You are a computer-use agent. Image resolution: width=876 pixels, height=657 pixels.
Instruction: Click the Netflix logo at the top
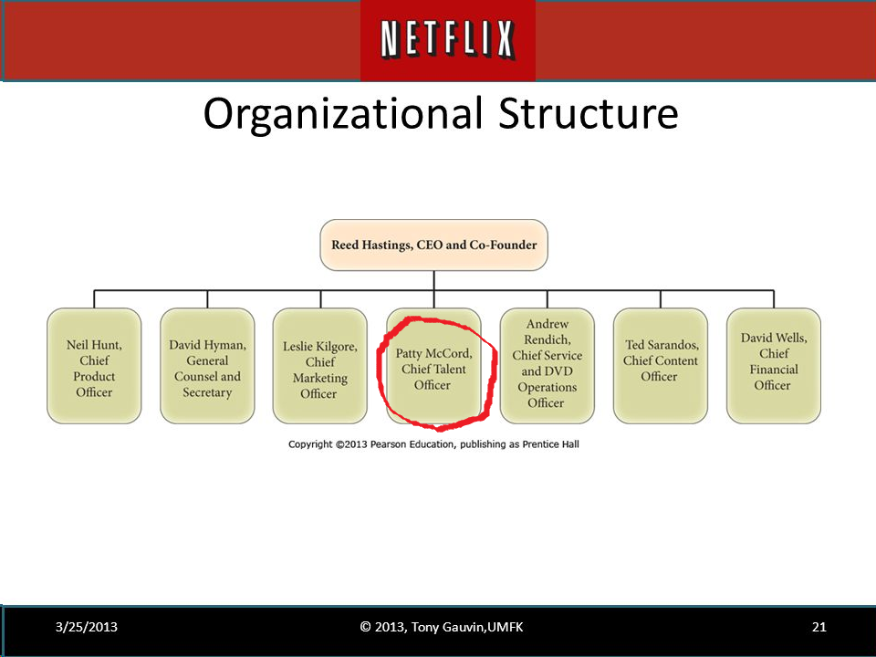447,40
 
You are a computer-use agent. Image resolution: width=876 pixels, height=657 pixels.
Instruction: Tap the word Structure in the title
589,114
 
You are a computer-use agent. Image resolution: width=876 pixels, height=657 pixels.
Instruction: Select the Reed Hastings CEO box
433,245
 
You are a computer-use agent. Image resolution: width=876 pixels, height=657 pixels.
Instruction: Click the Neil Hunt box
94,366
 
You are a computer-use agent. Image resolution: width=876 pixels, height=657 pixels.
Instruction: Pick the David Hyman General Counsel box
207,366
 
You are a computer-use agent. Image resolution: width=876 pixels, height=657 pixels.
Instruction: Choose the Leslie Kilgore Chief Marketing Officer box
320,366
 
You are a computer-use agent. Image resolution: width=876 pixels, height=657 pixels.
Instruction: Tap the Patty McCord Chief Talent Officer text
433,369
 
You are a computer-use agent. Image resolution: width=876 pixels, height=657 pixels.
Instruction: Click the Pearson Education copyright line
433,444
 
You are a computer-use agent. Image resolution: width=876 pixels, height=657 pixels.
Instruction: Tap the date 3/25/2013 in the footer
86,627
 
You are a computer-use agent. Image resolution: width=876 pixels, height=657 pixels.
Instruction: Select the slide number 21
819,627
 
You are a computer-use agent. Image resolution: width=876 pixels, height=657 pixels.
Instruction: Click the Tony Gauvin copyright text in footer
442,627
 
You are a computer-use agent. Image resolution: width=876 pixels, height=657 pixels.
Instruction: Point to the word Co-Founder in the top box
503,245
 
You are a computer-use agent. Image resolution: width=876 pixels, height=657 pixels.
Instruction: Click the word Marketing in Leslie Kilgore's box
320,378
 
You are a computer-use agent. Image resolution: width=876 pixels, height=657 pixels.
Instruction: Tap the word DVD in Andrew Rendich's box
562,371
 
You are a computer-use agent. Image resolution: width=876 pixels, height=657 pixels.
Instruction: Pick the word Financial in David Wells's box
773,370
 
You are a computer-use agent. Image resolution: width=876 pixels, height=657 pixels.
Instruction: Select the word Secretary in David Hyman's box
207,392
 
